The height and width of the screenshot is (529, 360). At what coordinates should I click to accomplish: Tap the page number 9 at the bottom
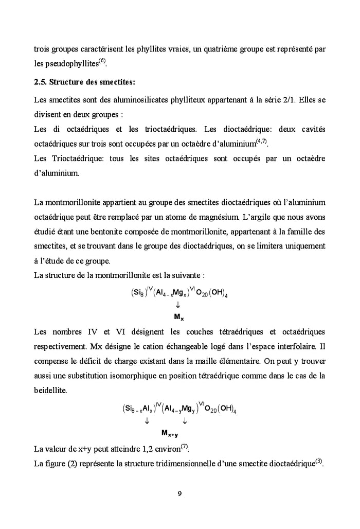click(x=179, y=495)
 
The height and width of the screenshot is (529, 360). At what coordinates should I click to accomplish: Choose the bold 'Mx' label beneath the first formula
click(x=178, y=316)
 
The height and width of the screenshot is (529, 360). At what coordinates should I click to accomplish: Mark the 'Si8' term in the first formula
click(x=137, y=294)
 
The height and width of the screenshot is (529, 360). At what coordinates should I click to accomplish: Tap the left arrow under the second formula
click(x=147, y=421)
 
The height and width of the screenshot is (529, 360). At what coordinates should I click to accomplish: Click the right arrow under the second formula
click(x=185, y=421)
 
